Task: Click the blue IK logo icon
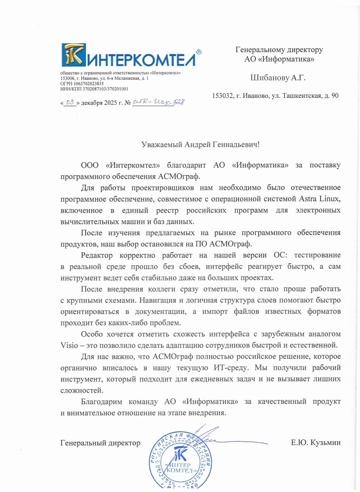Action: tap(73, 55)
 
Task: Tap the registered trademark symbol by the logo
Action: tap(198, 51)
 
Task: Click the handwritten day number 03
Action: tap(69, 102)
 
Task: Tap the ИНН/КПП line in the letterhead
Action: tap(94, 89)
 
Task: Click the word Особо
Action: tap(92, 334)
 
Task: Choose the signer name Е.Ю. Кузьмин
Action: tap(316, 443)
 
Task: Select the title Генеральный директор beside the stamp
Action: tap(100, 443)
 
